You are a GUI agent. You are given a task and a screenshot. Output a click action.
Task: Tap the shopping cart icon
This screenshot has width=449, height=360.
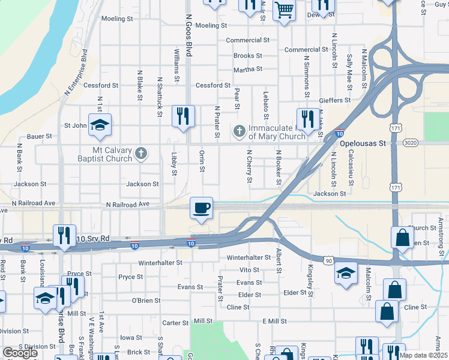(284, 10)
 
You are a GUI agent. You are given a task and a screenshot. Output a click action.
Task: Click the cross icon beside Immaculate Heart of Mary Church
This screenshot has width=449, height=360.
(239, 130)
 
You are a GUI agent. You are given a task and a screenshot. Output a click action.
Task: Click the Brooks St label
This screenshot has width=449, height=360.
(248, 56)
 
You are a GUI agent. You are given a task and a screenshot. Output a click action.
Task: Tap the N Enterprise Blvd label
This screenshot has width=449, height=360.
(76, 76)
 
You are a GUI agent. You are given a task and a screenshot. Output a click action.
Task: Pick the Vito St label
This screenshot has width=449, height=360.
(249, 271)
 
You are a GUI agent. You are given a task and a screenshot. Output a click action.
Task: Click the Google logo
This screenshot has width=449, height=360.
(19, 353)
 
